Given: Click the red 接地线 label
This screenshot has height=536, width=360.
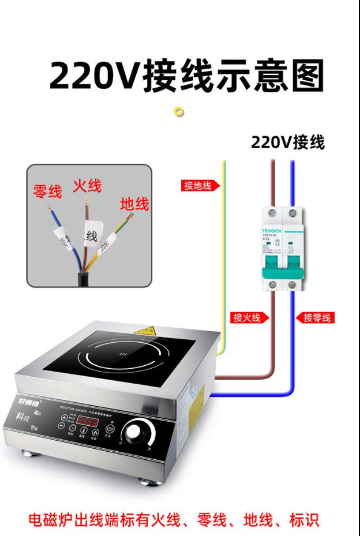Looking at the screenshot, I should (198, 185).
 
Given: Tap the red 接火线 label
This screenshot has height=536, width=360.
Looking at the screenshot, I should (246, 317).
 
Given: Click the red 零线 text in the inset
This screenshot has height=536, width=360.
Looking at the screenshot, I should (47, 192).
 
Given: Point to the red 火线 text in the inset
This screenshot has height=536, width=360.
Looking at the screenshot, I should (87, 186).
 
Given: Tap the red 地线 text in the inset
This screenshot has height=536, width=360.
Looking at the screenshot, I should (134, 204).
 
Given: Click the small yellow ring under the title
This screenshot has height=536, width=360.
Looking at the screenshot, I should (179, 111).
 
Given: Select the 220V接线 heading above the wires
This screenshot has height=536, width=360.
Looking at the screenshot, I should (287, 142).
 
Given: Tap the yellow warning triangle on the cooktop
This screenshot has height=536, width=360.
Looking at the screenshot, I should (145, 331).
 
